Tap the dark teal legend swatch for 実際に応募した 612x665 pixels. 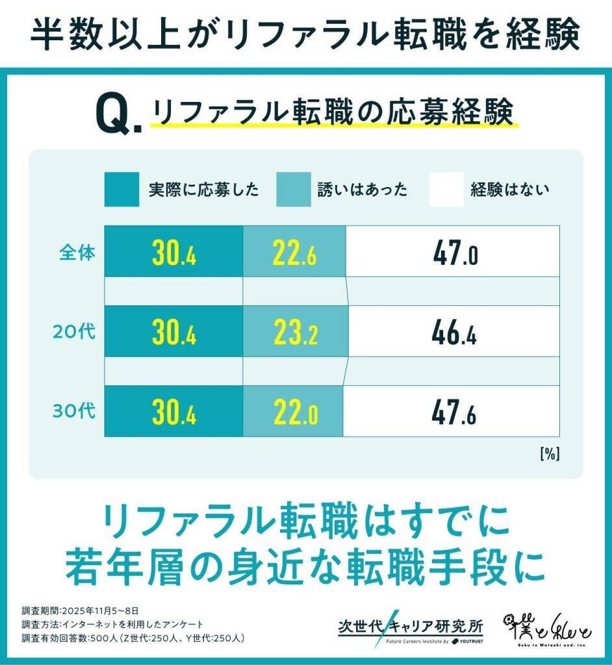[121, 189]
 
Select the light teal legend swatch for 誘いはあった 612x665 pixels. [293, 189]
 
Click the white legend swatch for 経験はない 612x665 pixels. [446, 189]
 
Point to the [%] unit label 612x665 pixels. [549, 454]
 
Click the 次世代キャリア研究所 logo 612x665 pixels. [411, 629]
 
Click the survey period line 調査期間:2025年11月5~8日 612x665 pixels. [80, 610]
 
